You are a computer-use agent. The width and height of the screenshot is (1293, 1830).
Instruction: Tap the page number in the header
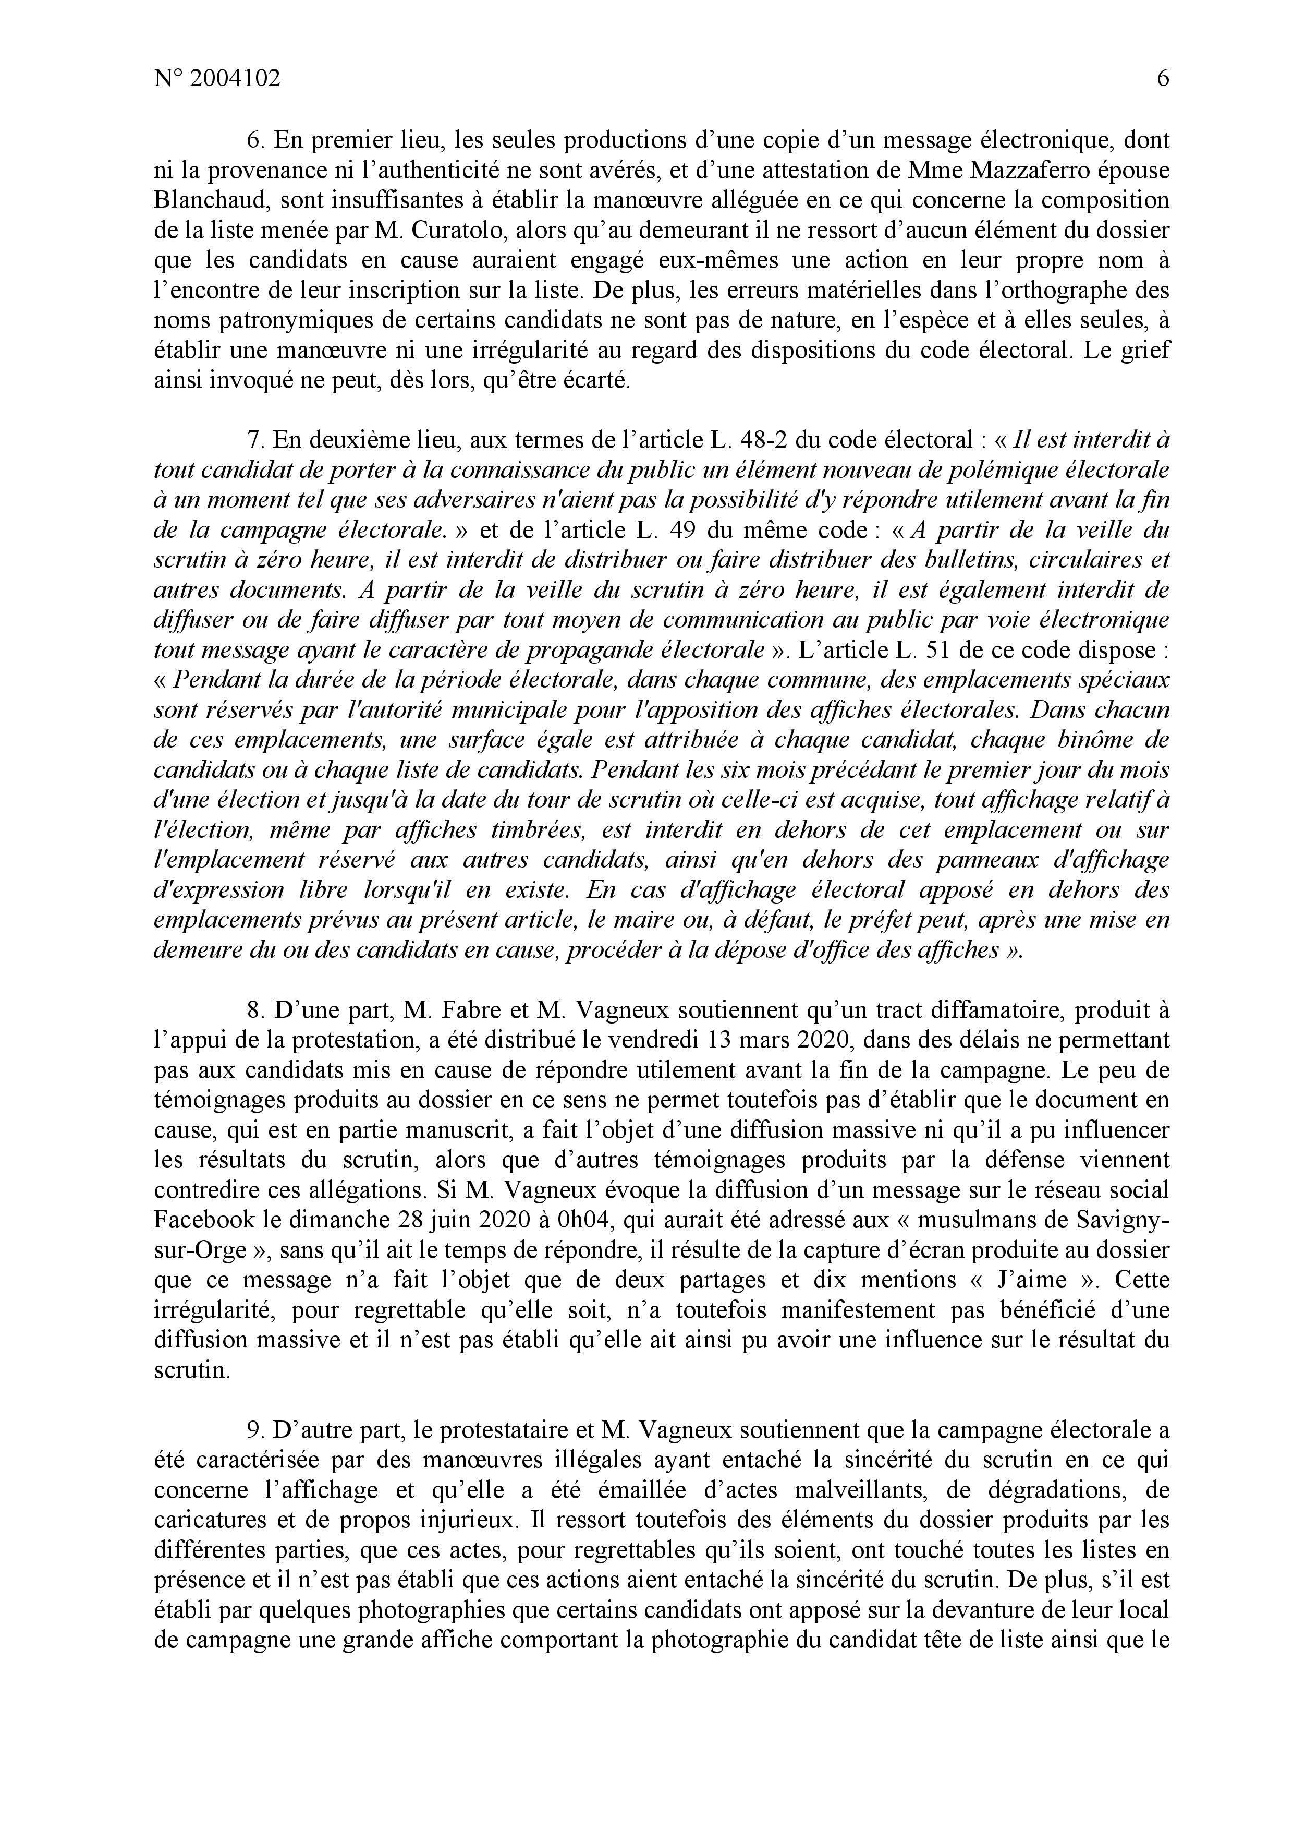click(x=1162, y=79)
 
